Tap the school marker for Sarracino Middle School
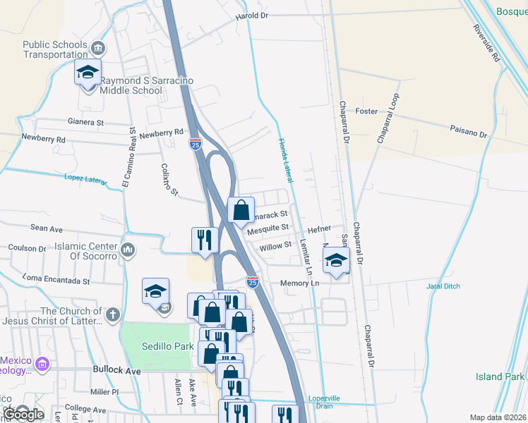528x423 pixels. (x=88, y=74)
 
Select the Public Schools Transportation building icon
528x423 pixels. (x=98, y=49)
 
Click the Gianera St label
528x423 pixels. (x=85, y=122)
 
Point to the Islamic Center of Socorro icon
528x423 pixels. (x=128, y=250)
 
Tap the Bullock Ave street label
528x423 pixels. (x=118, y=369)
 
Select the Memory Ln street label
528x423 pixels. (x=300, y=283)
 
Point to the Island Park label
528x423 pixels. (x=500, y=376)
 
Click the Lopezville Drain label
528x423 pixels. (x=324, y=402)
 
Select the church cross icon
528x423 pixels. (x=113, y=312)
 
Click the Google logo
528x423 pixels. (x=23, y=414)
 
